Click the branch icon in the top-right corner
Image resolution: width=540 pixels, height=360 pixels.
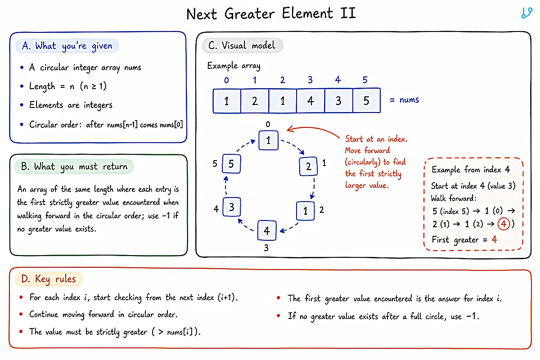click(526, 13)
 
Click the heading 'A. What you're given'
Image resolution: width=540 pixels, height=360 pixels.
click(67, 46)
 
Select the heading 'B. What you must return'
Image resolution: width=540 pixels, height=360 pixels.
click(74, 166)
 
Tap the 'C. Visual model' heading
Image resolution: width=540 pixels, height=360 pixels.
click(242, 45)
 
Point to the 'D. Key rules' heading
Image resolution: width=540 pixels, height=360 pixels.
click(49, 279)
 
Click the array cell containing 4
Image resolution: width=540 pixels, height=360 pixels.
click(310, 100)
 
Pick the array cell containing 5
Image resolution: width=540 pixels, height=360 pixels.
click(366, 100)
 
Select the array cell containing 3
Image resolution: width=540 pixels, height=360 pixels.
click(338, 100)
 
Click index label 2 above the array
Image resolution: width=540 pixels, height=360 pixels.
click(283, 80)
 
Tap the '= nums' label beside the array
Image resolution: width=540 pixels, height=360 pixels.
click(404, 99)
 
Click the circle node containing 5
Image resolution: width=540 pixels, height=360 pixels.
click(231, 164)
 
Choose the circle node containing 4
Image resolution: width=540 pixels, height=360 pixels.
click(267, 230)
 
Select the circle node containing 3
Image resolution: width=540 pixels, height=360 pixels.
click(231, 207)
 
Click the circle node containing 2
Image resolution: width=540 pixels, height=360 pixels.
click(308, 166)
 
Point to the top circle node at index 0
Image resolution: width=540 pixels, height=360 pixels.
click(268, 140)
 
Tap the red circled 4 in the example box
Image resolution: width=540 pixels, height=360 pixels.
click(504, 224)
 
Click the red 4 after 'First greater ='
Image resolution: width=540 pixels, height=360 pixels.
click(495, 239)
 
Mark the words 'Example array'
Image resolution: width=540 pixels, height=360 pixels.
click(234, 66)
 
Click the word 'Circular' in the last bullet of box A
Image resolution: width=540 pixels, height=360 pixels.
click(43, 125)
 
